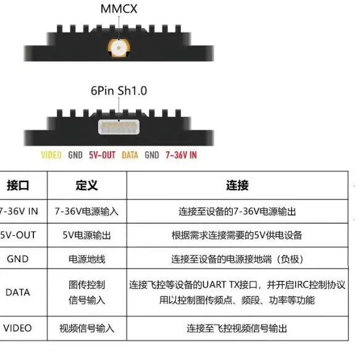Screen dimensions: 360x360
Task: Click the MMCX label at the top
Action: (119, 9)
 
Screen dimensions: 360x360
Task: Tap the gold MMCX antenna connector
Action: (119, 48)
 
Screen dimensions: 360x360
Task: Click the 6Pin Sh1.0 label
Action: (119, 91)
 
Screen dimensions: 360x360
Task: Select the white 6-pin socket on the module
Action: (119, 127)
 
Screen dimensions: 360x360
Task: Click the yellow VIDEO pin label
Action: (51, 155)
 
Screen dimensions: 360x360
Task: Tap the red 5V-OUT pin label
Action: (102, 155)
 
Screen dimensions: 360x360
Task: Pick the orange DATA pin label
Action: (130, 155)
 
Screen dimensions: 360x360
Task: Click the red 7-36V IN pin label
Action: (181, 155)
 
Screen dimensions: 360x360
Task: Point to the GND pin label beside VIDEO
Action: (75, 155)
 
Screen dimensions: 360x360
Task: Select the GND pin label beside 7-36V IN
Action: (152, 155)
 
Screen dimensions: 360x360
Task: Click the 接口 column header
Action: (18, 185)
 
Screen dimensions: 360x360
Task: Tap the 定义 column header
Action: (87, 185)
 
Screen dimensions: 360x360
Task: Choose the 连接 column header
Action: (237, 185)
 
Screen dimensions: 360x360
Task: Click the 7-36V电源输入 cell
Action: (86, 211)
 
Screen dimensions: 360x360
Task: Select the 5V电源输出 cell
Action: (86, 235)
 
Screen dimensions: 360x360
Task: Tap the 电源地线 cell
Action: (87, 259)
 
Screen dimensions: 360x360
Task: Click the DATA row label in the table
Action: (18, 292)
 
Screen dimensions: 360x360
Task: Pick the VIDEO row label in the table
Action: (17, 328)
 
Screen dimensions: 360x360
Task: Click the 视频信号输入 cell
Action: (87, 329)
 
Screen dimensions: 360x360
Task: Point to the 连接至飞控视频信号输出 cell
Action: (237, 329)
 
